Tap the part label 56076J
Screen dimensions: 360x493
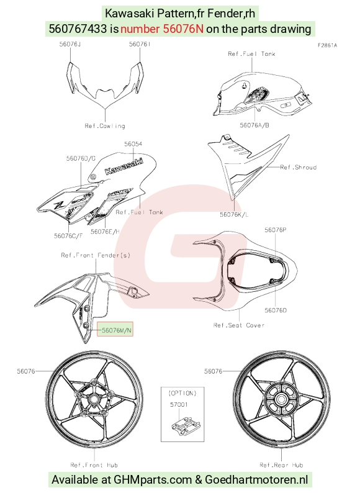[70, 44]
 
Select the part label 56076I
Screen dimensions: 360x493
[140, 44]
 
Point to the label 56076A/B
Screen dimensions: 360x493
[254, 125]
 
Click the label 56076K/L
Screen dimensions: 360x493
[234, 214]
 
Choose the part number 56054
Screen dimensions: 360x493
[133, 144]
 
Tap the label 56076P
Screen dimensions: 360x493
[276, 230]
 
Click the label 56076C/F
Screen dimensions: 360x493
[68, 235]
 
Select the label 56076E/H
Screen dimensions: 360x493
[105, 232]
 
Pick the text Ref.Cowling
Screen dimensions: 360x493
[105, 126]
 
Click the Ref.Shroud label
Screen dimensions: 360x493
[298, 167]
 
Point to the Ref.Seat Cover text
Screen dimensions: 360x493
[238, 325]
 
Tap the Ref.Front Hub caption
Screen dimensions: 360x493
[94, 464]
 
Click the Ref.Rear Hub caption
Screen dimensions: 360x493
[281, 464]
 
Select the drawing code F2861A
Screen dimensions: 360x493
[327, 45]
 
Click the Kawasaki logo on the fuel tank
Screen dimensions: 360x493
[124, 166]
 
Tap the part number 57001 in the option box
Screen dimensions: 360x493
[179, 404]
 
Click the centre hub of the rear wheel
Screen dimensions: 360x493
[281, 399]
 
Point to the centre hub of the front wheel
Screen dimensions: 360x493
[93, 399]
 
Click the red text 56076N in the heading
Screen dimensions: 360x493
[183, 29]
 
